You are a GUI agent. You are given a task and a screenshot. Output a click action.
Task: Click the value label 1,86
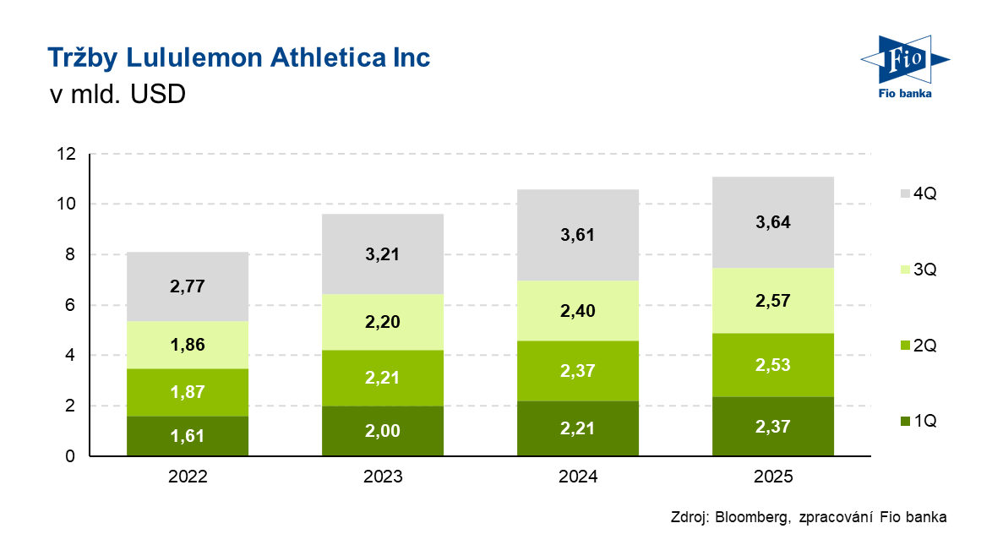click(188, 345)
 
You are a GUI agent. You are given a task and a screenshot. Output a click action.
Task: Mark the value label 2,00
click(383, 431)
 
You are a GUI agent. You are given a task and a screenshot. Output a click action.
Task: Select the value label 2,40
click(578, 311)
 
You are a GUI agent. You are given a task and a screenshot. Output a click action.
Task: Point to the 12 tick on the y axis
click(67, 154)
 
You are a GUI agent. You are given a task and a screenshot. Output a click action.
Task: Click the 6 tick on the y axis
click(71, 305)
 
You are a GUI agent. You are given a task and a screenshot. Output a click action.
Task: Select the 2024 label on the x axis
click(578, 477)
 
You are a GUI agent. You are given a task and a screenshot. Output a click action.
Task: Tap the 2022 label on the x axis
click(188, 477)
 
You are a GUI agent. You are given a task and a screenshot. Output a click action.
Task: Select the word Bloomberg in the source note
click(750, 517)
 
